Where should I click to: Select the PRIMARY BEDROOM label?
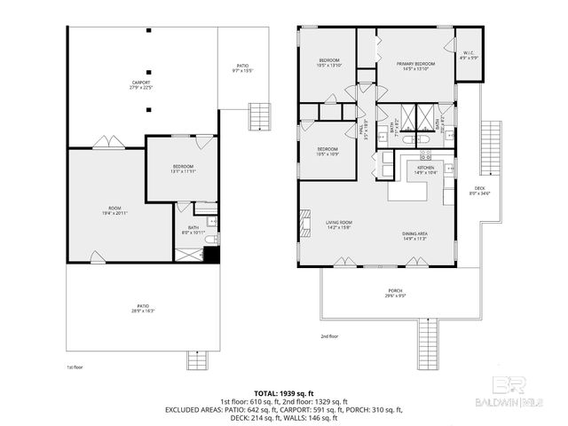coord(415,64)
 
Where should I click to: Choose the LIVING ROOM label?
coord(339,224)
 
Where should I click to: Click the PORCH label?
coord(396,292)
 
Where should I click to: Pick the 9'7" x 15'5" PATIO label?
coord(242,67)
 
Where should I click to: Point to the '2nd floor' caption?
coord(330,337)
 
